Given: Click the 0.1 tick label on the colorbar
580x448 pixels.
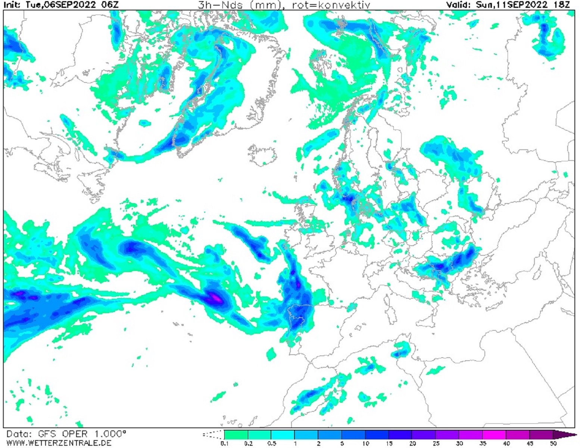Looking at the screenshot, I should coord(224,443).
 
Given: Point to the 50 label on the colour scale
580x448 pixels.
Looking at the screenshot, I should coord(553,443).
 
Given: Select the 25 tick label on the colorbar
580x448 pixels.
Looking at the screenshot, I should coord(435,443).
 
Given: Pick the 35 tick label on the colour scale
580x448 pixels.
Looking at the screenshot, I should coord(482,443).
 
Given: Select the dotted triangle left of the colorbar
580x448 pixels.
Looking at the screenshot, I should coord(213,435).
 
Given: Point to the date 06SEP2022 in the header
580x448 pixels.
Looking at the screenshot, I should coord(67,5).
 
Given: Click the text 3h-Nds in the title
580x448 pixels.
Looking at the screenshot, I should coord(215,5).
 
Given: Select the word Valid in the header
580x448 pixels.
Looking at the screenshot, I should coord(459,5).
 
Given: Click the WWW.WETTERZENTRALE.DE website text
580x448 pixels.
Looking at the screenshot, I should coord(59,443).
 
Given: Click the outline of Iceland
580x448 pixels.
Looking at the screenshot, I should coord(262,154).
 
